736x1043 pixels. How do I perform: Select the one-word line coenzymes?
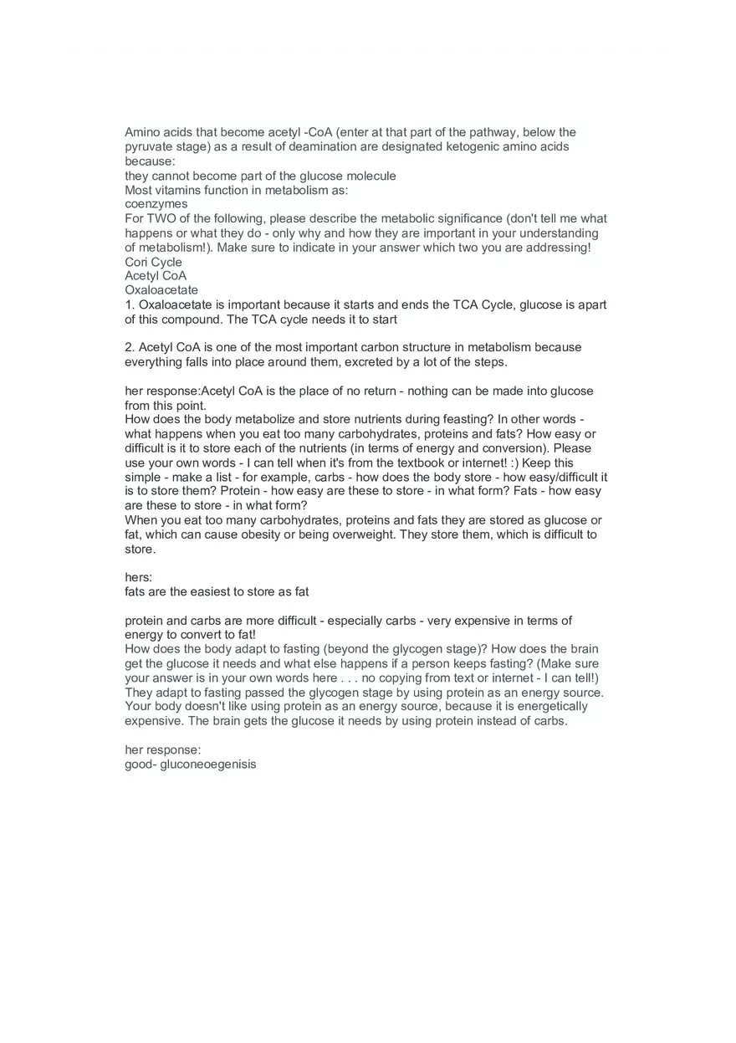point(156,204)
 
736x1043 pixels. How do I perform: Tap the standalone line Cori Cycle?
point(153,262)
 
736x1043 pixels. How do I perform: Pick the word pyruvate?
point(151,146)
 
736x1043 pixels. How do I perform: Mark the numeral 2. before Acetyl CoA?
point(130,347)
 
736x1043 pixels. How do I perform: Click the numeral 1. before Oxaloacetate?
point(130,304)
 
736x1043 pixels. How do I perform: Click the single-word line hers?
point(139,577)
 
